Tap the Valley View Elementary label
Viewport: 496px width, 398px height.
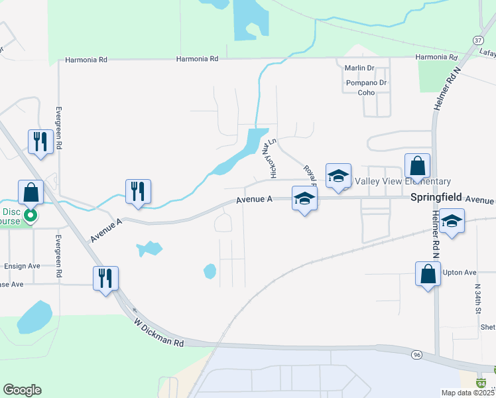(x=403, y=182)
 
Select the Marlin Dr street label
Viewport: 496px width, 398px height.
(x=359, y=68)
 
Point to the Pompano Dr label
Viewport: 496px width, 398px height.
(x=366, y=83)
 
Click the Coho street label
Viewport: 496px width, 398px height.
(x=367, y=93)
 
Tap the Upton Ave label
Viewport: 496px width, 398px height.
(x=460, y=273)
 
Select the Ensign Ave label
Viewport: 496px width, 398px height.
(x=22, y=266)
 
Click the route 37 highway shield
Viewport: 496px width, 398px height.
(x=479, y=40)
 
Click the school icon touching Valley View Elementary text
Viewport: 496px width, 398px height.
(x=338, y=176)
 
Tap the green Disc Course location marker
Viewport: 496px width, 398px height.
(x=30, y=215)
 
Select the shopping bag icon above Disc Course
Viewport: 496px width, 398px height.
(x=31, y=193)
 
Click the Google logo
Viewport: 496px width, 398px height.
(x=22, y=390)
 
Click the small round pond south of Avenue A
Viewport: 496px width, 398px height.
(x=210, y=271)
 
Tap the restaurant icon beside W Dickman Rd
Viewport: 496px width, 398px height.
(x=106, y=279)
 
